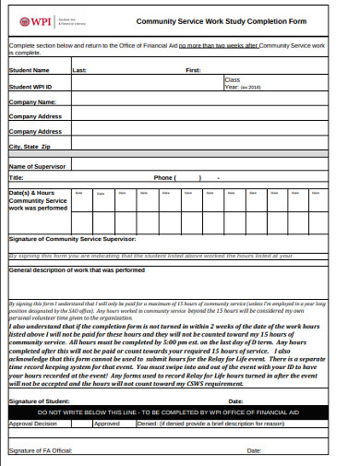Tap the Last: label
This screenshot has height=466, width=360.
(79, 69)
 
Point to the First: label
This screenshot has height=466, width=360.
(193, 69)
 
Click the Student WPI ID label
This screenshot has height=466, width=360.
(31, 86)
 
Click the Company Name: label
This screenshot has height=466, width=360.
(33, 102)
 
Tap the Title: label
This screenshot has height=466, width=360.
(16, 177)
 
